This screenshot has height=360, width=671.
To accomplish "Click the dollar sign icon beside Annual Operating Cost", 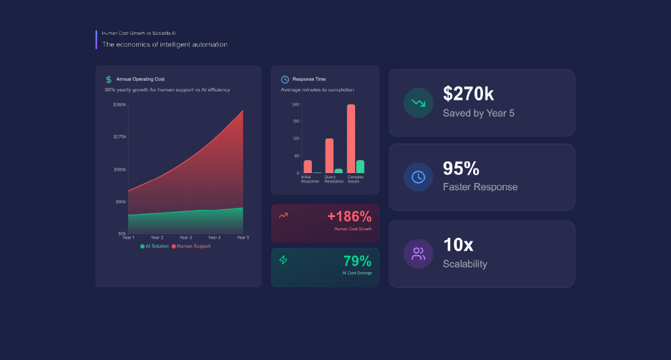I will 109,79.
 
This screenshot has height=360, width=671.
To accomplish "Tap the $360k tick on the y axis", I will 119,104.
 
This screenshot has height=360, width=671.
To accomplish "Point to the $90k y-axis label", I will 120,201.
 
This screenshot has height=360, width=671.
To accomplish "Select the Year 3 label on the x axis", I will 185,237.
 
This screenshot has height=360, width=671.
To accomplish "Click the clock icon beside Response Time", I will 285,79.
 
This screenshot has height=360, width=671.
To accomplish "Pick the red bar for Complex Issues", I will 351,138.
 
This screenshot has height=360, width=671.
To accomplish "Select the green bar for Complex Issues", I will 360,167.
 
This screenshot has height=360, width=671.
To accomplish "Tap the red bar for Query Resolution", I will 330,155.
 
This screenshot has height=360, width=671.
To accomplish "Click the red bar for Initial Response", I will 308,167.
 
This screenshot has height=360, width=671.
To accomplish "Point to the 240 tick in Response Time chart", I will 296,104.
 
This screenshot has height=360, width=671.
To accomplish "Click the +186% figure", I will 349,216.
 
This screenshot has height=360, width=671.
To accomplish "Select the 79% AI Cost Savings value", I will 357,261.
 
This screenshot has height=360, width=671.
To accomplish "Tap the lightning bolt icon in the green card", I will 284,260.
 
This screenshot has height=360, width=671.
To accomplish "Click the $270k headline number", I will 467,94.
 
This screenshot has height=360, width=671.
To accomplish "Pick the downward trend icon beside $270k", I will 418,102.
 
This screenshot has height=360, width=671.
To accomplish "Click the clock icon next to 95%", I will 418,177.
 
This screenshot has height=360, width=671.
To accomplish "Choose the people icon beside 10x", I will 418,254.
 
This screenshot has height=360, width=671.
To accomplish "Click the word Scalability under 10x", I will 465,264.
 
